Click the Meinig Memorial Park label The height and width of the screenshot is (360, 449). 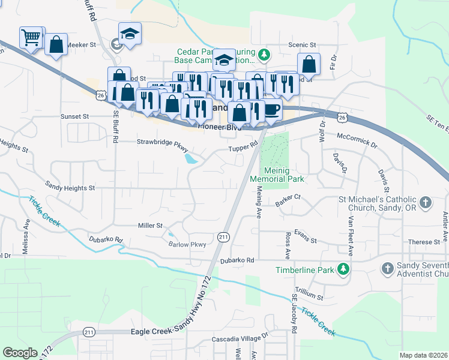click(x=284, y=175)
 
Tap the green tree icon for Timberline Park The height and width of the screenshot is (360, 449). click(x=343, y=269)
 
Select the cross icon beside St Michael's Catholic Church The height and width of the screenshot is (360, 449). click(x=426, y=203)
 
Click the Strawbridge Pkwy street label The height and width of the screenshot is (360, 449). click(x=163, y=142)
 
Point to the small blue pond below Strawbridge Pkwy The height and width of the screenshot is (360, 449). click(x=191, y=159)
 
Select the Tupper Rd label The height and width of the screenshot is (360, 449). click(x=243, y=147)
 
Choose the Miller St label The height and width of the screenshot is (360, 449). click(x=151, y=226)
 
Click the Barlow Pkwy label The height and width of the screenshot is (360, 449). click(x=187, y=244)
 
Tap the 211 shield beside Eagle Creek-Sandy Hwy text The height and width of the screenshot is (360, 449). click(x=89, y=332)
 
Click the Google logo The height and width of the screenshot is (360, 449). click(x=20, y=352)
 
